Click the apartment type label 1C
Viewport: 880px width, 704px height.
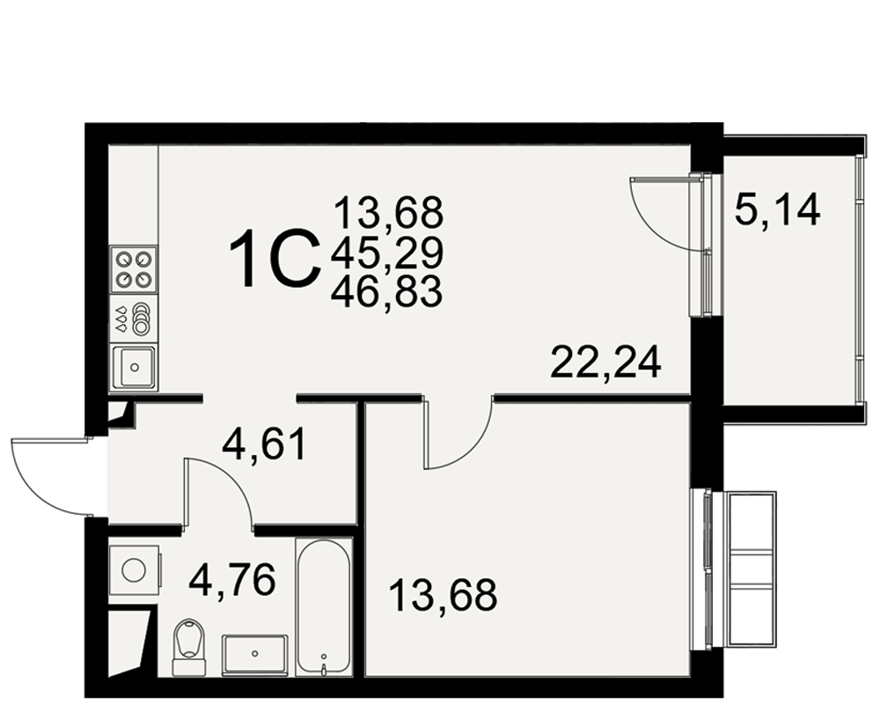pos(275,259)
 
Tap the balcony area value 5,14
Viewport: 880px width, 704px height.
pos(777,210)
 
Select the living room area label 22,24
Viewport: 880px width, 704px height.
pos(606,363)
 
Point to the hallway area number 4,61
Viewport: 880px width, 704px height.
pos(264,444)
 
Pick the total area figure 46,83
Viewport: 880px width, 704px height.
pos(387,292)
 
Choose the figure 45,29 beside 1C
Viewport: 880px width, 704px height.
pos(387,253)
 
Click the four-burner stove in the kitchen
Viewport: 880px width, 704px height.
pos(134,268)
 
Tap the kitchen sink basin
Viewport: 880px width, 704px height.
pos(134,368)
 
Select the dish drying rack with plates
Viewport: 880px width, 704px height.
pos(134,319)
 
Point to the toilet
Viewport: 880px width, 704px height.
pos(188,648)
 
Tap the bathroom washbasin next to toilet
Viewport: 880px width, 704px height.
pos(255,655)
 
